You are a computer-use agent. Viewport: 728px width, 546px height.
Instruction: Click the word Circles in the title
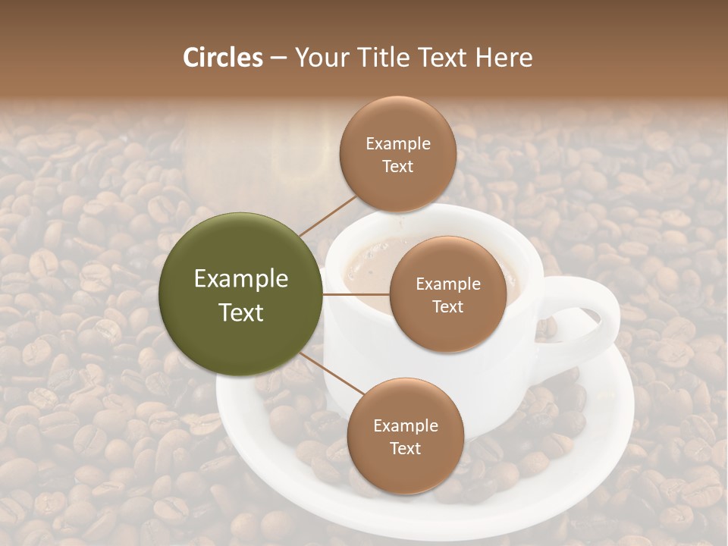[x=223, y=58]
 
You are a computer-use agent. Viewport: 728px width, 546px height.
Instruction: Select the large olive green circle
[x=241, y=294]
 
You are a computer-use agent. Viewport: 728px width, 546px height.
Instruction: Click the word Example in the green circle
[x=241, y=279]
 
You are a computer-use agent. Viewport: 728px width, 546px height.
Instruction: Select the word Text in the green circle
[x=241, y=312]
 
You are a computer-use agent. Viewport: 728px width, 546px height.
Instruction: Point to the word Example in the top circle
[x=397, y=143]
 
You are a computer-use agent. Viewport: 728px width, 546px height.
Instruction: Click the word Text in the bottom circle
[x=405, y=448]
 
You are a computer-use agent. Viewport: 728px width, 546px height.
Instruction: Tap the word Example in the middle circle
[x=447, y=284]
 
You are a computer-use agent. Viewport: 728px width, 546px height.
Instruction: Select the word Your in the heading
[x=319, y=58]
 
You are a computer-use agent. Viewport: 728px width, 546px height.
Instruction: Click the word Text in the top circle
[x=397, y=166]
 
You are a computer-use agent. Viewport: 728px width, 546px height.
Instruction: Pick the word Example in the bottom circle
[x=405, y=426]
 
